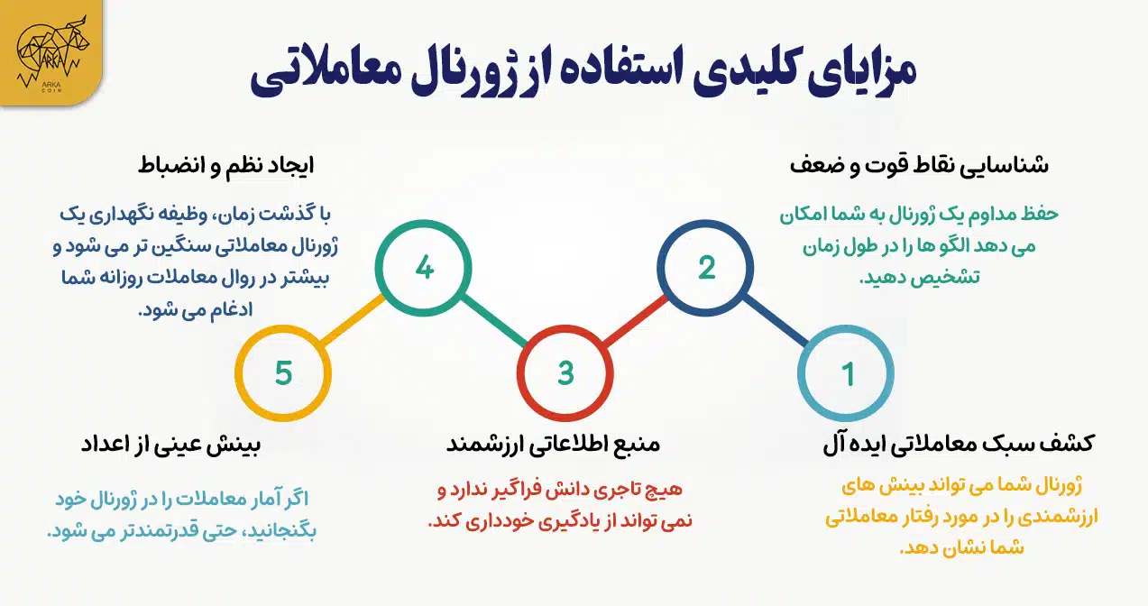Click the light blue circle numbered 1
pyautogui.click(x=847, y=373)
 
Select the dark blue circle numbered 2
pyautogui.click(x=706, y=268)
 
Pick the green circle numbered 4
pyautogui.click(x=424, y=268)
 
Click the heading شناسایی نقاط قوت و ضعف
pyautogui.click(x=919, y=167)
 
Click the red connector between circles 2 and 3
pyautogui.click(x=635, y=321)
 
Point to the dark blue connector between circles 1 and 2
pyautogui.click(x=776, y=321)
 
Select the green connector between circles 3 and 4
pyautogui.click(x=494, y=321)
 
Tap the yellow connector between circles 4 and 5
pyautogui.click(x=354, y=321)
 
